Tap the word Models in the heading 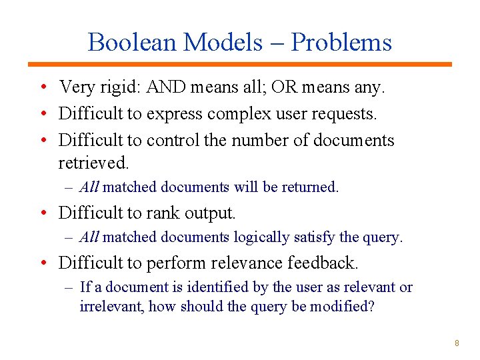click(x=223, y=43)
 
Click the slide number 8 click(x=457, y=343)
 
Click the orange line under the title click(x=240, y=64)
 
